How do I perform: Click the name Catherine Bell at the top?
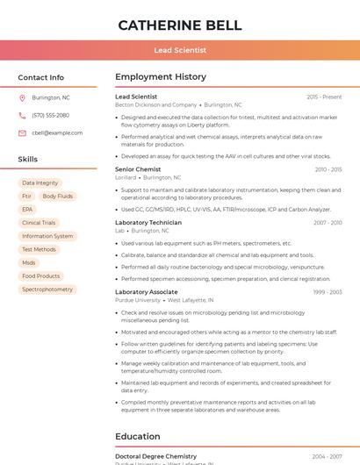(x=180, y=25)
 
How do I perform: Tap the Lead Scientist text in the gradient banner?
(x=180, y=51)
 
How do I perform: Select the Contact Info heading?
(x=41, y=77)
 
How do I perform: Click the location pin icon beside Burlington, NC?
(x=22, y=97)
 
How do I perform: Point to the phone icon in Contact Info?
(x=22, y=115)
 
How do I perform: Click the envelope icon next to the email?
(x=22, y=133)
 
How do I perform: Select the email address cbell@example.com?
(x=57, y=133)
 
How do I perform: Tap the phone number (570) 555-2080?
(x=50, y=115)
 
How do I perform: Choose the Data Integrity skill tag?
(x=40, y=183)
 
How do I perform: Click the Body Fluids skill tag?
(x=58, y=197)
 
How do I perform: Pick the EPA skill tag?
(x=27, y=210)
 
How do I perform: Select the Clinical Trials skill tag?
(x=39, y=223)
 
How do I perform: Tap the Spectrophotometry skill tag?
(x=47, y=290)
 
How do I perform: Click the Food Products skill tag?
(x=41, y=276)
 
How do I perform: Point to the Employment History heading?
(x=161, y=77)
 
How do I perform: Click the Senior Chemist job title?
(x=138, y=169)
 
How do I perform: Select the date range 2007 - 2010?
(x=328, y=223)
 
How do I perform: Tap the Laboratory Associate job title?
(x=147, y=292)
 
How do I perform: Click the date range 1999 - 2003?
(x=328, y=292)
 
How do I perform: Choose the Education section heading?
(x=138, y=436)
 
